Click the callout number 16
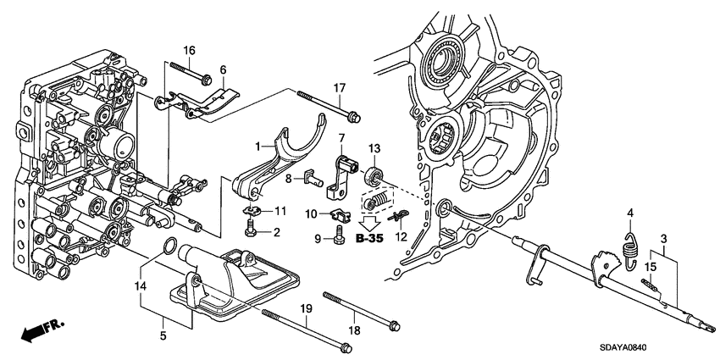[190, 49]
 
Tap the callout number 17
[339, 87]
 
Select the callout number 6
[224, 69]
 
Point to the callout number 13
[373, 148]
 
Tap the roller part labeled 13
[371, 177]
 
